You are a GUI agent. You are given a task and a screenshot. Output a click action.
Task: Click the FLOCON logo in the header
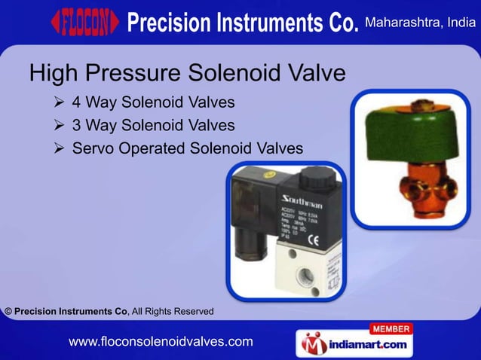[84, 23]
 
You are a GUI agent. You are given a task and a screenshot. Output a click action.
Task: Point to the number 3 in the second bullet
[77, 125]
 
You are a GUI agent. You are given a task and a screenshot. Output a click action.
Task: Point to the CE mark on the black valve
[317, 241]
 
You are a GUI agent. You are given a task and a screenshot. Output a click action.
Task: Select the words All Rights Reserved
[173, 311]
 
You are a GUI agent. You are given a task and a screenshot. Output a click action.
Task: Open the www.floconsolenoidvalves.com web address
[160, 342]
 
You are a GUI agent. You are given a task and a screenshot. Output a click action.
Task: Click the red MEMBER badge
[391, 329]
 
